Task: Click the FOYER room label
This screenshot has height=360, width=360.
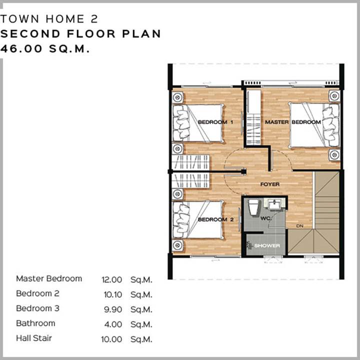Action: pyautogui.click(x=270, y=184)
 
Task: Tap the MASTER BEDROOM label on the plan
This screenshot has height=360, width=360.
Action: pyautogui.click(x=292, y=122)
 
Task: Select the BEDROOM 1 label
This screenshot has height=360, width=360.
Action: pyautogui.click(x=215, y=122)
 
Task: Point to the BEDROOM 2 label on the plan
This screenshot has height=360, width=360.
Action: pyautogui.click(x=215, y=219)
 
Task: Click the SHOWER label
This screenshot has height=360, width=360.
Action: pyautogui.click(x=267, y=245)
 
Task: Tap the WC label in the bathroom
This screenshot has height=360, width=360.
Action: pyautogui.click(x=266, y=218)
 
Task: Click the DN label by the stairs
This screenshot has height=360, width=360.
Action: pyautogui.click(x=300, y=226)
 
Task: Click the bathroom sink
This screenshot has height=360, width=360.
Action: pyautogui.click(x=274, y=204)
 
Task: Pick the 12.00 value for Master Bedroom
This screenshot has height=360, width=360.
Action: pyautogui.click(x=111, y=279)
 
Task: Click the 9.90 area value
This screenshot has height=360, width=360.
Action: pyautogui.click(x=112, y=309)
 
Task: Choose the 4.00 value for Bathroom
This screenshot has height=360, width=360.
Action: pyautogui.click(x=113, y=324)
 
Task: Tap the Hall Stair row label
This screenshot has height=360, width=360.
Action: pyautogui.click(x=34, y=338)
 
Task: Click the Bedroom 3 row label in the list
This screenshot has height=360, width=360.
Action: pyautogui.click(x=37, y=308)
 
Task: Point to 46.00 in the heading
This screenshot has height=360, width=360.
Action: pyautogui.click(x=21, y=48)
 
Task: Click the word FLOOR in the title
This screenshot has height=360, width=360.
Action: pyautogui.click(x=91, y=34)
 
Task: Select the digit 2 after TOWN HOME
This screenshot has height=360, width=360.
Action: pyautogui.click(x=94, y=19)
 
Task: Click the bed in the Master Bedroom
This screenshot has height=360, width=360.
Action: pyautogui.click(x=314, y=125)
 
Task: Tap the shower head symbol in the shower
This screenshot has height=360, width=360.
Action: pyautogui.click(x=249, y=245)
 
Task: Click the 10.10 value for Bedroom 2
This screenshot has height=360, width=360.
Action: pyautogui.click(x=112, y=294)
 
